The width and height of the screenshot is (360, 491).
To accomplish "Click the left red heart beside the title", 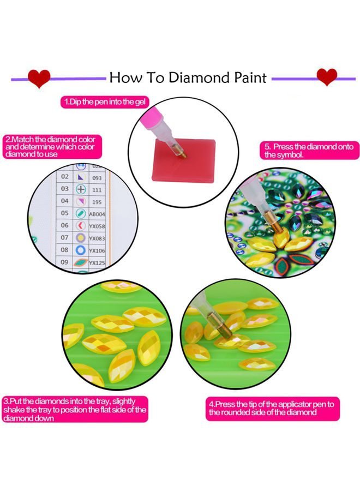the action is (x=39, y=78).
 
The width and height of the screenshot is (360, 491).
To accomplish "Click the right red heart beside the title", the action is (x=327, y=77).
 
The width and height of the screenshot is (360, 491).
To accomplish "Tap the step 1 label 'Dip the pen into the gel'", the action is (x=105, y=102).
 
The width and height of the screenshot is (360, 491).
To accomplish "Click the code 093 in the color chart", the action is (x=97, y=178).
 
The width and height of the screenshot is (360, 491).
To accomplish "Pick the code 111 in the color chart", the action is (x=97, y=190).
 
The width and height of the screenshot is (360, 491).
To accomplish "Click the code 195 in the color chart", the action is (x=97, y=202).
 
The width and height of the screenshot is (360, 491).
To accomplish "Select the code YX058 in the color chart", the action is (x=97, y=226).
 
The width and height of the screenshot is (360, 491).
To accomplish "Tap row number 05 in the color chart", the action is (x=64, y=213).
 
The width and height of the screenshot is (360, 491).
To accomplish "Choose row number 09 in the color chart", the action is (x=64, y=262).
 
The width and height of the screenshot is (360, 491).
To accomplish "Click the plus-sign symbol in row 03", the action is (x=81, y=189).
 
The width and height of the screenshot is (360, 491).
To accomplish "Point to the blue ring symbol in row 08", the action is (x=81, y=250).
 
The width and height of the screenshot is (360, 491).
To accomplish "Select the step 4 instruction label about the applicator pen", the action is (x=272, y=409).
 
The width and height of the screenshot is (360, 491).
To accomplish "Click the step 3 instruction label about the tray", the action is (x=75, y=410).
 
